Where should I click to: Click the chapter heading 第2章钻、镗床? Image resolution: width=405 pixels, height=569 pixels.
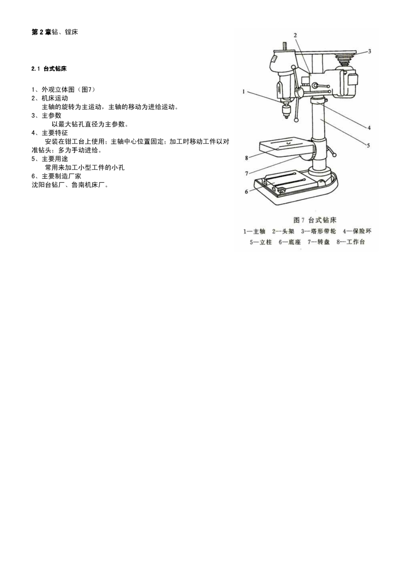[55, 32]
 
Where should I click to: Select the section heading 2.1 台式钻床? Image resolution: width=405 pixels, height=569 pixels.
[49, 69]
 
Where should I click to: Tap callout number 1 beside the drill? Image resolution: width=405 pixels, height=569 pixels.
[244, 92]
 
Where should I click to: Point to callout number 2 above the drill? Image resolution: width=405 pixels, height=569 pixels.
[295, 35]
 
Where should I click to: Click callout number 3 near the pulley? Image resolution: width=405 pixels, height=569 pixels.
[370, 51]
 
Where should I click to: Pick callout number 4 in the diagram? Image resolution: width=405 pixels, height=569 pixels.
[369, 128]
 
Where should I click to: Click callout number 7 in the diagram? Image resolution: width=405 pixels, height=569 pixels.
[247, 174]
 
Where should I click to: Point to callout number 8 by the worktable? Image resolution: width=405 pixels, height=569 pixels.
[247, 158]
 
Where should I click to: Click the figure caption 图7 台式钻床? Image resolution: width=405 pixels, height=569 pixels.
[315, 220]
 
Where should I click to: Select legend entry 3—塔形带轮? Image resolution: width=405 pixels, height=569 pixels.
[318, 231]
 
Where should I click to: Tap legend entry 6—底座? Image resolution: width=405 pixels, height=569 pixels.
[290, 242]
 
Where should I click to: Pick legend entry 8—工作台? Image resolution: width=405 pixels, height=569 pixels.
[351, 242]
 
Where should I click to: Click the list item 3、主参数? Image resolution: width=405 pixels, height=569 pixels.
[46, 116]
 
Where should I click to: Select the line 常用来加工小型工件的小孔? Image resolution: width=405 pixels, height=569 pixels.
[85, 167]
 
